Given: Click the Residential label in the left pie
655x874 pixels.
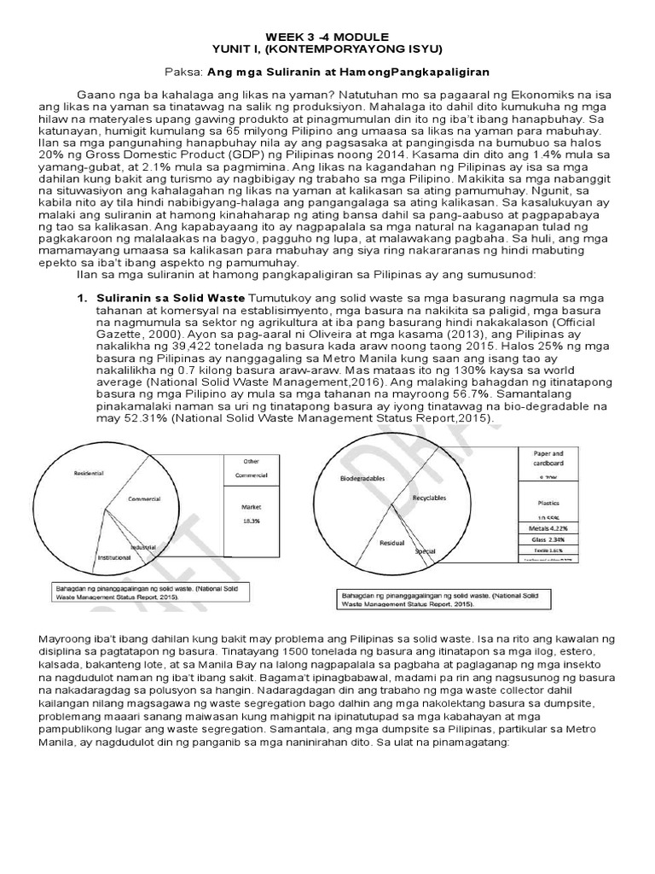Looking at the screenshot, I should (x=89, y=472).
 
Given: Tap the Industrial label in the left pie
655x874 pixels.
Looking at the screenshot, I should (x=143, y=546).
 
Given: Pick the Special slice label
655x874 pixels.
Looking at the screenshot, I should (x=425, y=551).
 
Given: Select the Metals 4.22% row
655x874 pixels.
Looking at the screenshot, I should (x=548, y=528).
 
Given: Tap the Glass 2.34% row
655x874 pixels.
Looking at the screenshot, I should (x=548, y=539).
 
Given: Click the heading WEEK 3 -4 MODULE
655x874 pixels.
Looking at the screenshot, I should (x=327, y=37).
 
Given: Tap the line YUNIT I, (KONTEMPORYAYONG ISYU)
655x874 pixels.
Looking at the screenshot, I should (x=327, y=50).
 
